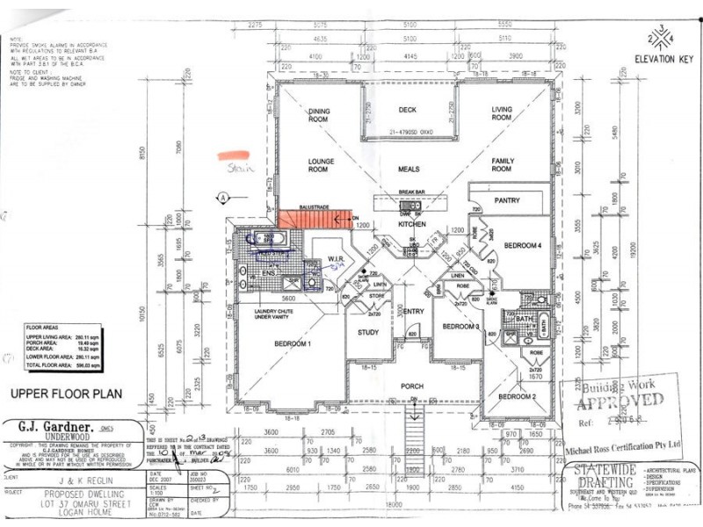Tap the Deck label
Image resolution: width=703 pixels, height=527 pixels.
pyautogui.click(x=406, y=110)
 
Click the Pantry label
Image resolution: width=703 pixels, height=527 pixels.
pyautogui.click(x=507, y=201)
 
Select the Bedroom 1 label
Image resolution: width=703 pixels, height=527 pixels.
pyautogui.click(x=293, y=343)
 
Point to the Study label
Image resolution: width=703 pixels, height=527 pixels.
pyautogui.click(x=367, y=332)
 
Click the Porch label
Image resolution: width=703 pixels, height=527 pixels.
pyautogui.click(x=412, y=386)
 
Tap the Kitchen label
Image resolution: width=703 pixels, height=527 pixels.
pyautogui.click(x=412, y=225)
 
